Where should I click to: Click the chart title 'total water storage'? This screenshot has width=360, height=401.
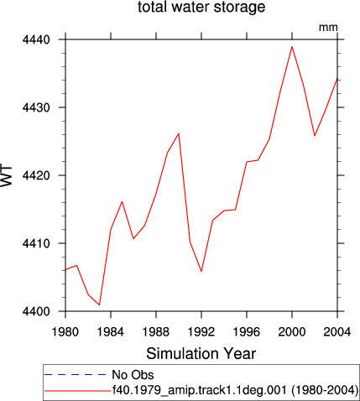click(201, 7)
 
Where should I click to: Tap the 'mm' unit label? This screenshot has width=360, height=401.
click(328, 28)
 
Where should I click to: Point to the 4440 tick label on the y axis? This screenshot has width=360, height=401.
click(36, 39)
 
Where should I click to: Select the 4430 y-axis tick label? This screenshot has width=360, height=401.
click(36, 107)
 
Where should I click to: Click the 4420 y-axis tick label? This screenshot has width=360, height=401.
click(36, 175)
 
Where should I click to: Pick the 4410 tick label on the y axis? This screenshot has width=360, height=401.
click(36, 243)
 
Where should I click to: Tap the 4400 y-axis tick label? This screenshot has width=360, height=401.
click(36, 311)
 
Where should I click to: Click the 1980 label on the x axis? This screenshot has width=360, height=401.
click(65, 332)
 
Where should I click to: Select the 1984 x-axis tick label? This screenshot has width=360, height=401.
click(111, 332)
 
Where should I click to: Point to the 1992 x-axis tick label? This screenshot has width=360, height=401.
click(201, 332)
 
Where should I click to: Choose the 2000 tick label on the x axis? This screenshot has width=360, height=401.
click(292, 332)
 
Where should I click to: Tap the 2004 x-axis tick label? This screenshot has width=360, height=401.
click(337, 332)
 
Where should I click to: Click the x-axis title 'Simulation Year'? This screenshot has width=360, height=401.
click(201, 354)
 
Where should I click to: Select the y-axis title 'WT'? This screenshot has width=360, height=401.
click(7, 175)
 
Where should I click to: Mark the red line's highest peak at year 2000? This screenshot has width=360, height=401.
click(292, 47)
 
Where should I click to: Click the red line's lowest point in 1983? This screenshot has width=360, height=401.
click(99, 305)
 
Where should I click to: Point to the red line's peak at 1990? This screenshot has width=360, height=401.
click(179, 133)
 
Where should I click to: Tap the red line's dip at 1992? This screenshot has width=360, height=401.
click(201, 271)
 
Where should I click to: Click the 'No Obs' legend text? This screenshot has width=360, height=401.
click(133, 375)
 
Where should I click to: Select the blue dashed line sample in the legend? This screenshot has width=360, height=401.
click(76, 375)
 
